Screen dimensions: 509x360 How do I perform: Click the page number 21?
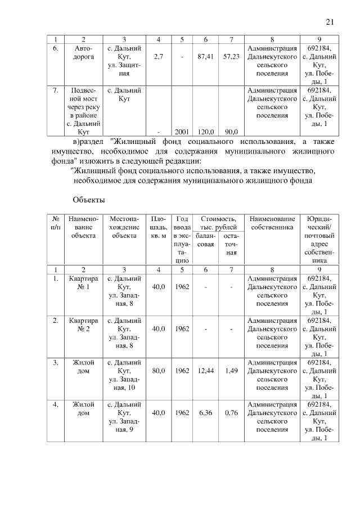coord(330,22)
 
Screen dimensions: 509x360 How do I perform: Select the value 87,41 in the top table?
coord(205,57)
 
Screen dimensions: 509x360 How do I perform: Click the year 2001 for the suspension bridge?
coord(182,132)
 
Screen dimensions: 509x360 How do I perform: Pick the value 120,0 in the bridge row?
coord(205,132)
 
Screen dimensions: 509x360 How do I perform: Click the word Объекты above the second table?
coord(89,200)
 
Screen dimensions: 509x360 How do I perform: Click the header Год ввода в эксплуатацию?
coord(182,240)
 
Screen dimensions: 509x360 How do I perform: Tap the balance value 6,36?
coord(205,412)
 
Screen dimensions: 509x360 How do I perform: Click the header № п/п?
coord(56,222)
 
